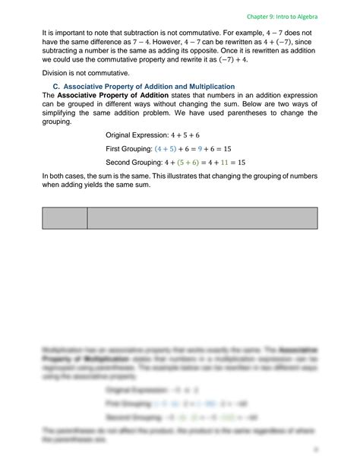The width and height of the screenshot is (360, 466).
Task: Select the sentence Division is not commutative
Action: pos(74,73)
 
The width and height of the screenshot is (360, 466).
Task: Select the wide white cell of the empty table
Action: pos(203,217)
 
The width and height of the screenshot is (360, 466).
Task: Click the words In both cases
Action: pos(63,176)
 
